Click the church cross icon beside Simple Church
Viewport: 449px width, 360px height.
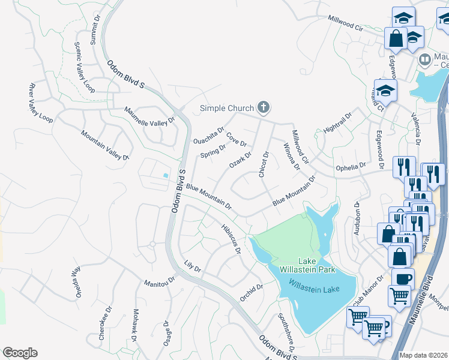pos(262,108)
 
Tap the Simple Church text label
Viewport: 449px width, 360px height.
pos(227,109)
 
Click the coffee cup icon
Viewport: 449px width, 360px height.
pos(403,278)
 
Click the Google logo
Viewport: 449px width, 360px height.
pos(20,353)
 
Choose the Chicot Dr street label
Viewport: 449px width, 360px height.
pos(263,164)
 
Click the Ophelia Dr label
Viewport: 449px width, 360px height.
pos(351,166)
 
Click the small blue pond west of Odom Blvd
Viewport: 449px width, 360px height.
pos(165,175)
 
